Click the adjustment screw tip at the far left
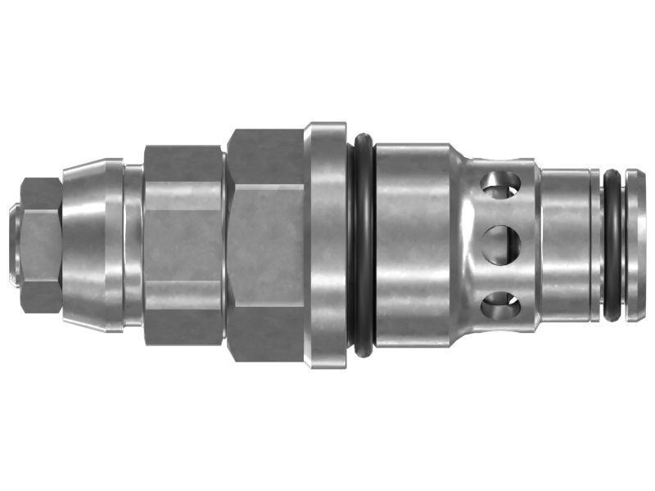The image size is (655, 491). [14, 245]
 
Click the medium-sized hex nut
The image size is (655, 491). [183, 245]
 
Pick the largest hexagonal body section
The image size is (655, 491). [265, 245]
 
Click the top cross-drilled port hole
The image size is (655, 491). [500, 185]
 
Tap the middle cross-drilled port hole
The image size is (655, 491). [501, 244]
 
